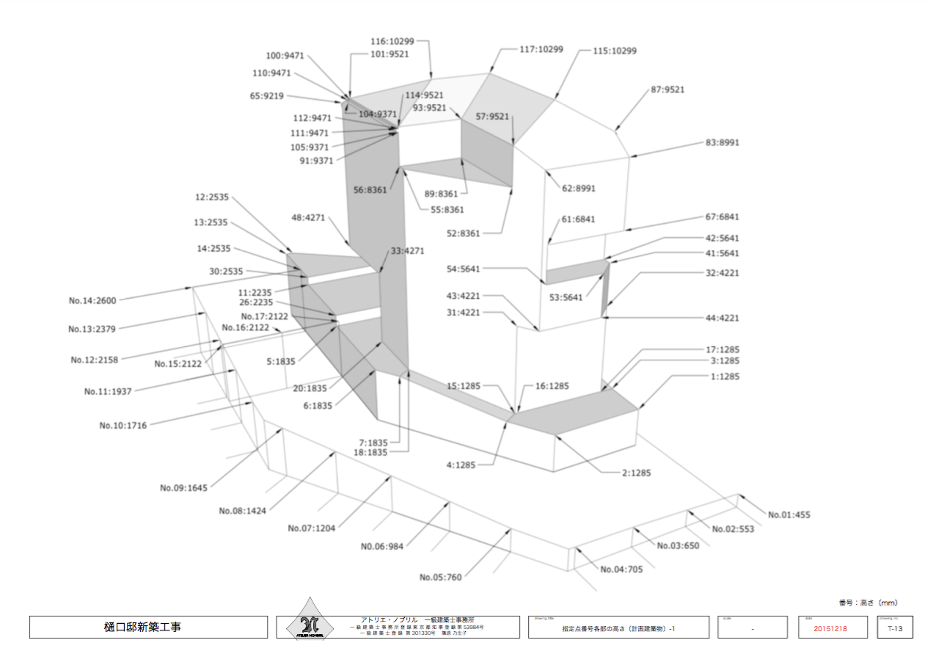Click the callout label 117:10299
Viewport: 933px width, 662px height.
pos(541,49)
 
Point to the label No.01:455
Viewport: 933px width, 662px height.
pos(789,514)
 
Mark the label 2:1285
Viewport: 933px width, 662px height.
pos(637,473)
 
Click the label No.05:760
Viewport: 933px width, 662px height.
pos(441,577)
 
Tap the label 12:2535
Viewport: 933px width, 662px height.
pos(212,197)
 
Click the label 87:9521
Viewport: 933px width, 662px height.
pos(667,90)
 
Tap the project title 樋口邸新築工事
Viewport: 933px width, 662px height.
pos(148,628)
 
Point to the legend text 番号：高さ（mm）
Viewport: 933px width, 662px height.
pos(868,603)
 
